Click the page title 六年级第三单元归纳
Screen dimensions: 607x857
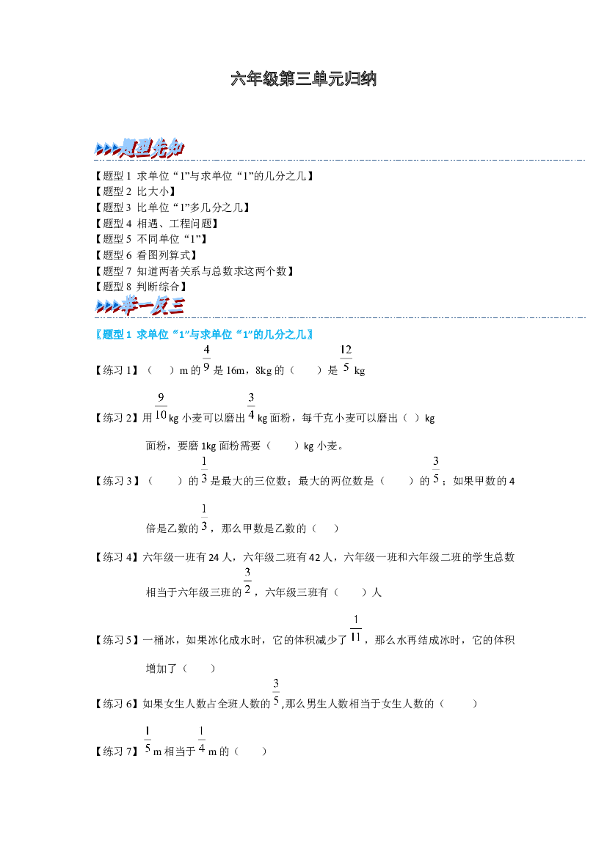click(303, 78)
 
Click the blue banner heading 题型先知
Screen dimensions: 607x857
click(139, 147)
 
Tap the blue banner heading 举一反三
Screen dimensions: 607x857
click(139, 306)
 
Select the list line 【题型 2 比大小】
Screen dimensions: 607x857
click(135, 191)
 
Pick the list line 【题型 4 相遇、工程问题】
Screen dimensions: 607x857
click(156, 224)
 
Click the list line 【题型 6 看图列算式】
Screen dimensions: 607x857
click(146, 254)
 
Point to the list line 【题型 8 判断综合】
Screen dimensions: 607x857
click(141, 287)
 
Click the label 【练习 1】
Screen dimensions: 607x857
click(117, 370)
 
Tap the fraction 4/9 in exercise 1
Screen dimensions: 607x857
click(206, 358)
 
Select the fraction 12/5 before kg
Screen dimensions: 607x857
click(346, 358)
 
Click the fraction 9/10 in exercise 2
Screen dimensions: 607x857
click(161, 406)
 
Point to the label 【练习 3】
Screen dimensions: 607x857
click(117, 481)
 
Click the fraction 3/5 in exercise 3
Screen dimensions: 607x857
click(436, 469)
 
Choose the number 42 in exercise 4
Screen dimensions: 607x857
click(315, 557)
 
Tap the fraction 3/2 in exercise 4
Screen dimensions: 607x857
click(247, 581)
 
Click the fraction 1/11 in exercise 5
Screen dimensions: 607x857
click(356, 628)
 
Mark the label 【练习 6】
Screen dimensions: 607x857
click(117, 704)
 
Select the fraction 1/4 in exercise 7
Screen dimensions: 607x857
click(202, 740)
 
